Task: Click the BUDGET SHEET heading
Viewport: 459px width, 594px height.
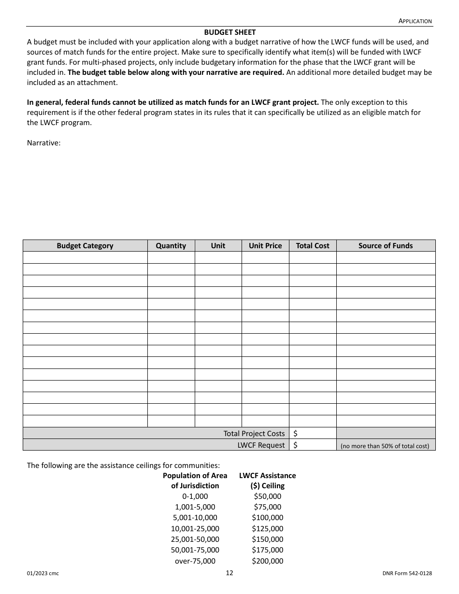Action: [x=229, y=32]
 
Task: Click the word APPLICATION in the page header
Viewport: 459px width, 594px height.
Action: [x=415, y=21]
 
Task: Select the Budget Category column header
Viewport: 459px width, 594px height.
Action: [x=85, y=246]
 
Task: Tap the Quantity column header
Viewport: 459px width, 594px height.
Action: [x=171, y=246]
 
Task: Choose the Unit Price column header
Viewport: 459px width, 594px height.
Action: [x=265, y=246]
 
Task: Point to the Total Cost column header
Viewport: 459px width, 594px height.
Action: [x=312, y=246]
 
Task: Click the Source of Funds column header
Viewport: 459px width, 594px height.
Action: [x=386, y=246]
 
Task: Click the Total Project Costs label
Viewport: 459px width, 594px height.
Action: [x=254, y=434]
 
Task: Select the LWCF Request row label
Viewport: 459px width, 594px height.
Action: [x=261, y=445]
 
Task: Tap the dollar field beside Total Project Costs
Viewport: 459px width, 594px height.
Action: [x=313, y=434]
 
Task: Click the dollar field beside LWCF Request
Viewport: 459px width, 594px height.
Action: [x=313, y=445]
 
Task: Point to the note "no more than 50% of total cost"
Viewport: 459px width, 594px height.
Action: [x=385, y=446]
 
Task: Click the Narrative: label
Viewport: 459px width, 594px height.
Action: [x=43, y=143]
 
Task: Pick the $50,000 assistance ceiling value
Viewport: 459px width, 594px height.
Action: [x=267, y=496]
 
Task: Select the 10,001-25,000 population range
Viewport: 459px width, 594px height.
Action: [x=195, y=529]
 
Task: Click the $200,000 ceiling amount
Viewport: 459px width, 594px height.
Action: [x=267, y=561]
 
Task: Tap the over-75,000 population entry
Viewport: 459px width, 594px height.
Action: [x=195, y=561]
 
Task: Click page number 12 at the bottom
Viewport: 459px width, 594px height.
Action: [x=229, y=573]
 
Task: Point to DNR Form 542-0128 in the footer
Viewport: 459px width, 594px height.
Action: [x=406, y=574]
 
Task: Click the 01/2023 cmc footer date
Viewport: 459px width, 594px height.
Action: [x=43, y=574]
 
